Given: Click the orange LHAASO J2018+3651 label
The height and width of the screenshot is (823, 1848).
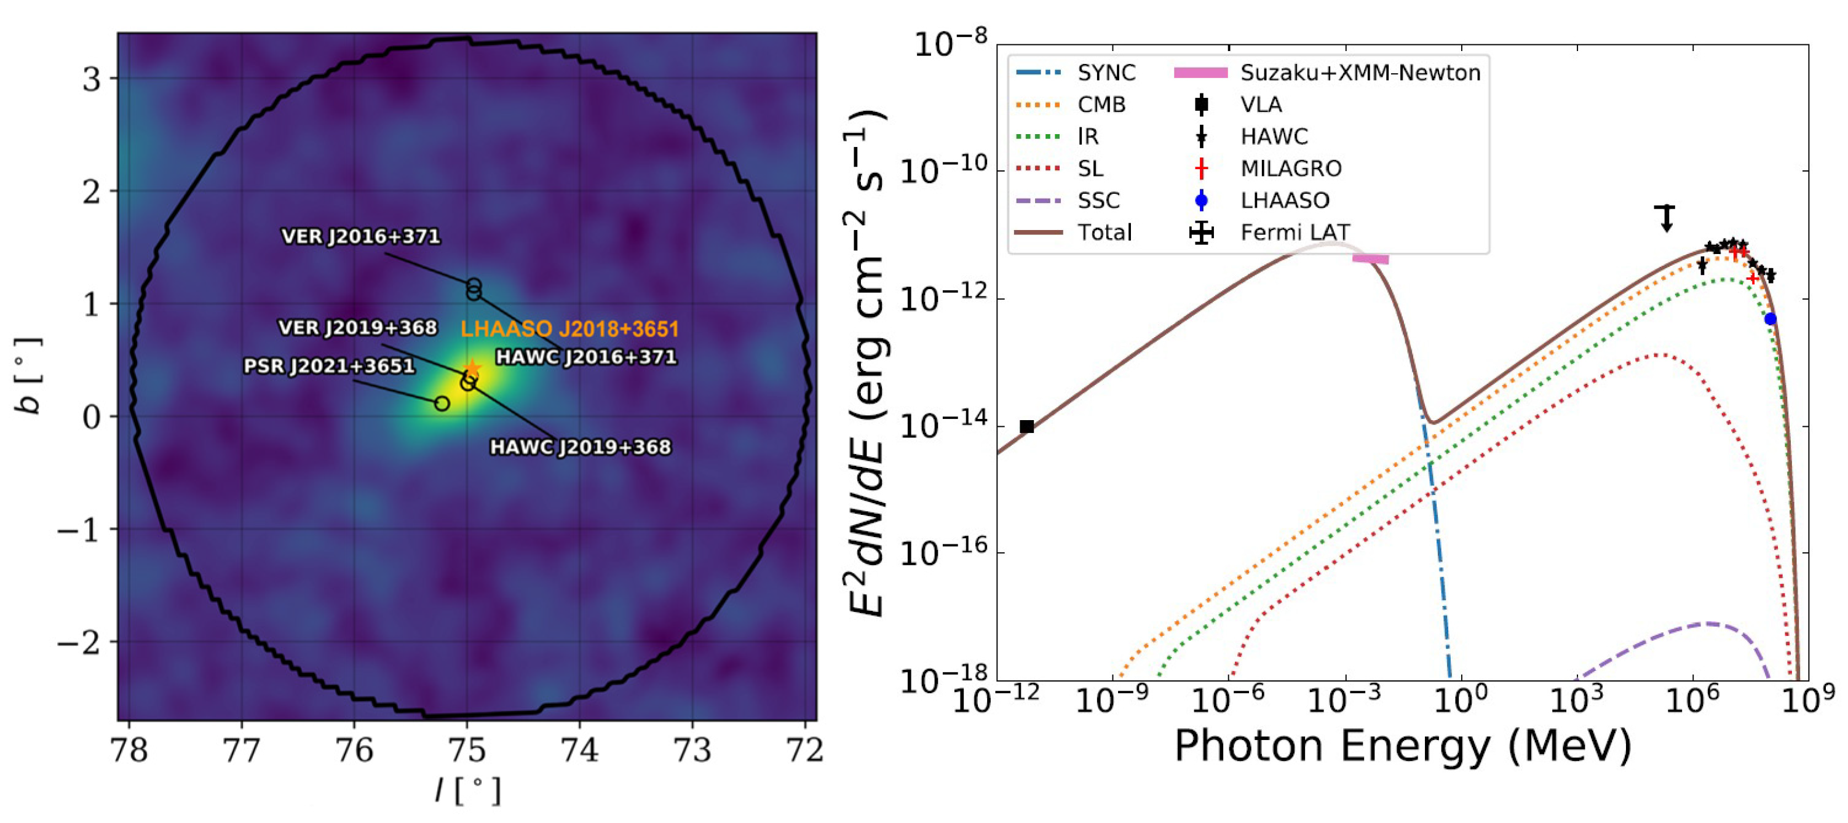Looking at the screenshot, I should tap(569, 329).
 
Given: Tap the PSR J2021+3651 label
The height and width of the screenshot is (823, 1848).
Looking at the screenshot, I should tap(329, 366).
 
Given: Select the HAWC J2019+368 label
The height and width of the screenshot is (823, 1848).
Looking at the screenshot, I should tap(581, 447).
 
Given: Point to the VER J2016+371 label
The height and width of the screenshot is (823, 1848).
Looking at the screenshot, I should tap(360, 236).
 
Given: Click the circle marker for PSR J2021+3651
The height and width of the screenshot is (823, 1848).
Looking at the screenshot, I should tap(443, 404).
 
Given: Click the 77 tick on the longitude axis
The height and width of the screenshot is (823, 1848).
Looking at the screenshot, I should tap(241, 750).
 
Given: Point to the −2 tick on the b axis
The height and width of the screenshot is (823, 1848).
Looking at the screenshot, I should tap(81, 642).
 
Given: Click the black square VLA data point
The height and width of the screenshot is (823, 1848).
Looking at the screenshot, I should tap(1026, 426).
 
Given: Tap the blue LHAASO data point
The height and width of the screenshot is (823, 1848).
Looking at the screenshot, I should tap(1771, 319).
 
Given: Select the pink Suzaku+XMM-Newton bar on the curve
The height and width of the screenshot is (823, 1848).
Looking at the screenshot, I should tap(1370, 258).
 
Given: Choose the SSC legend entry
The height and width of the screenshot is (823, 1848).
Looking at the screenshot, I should tap(1098, 200).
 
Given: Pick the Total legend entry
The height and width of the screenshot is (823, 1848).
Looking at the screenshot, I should tap(1104, 233).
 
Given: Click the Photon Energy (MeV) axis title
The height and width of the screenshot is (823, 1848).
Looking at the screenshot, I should tap(1403, 746).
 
